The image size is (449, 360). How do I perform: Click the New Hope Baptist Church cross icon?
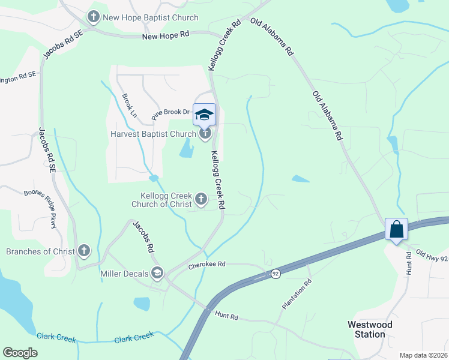coord(94,17)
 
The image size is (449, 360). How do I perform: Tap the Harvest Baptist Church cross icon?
coord(205,133)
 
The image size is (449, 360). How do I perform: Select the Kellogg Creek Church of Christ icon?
coord(201,199)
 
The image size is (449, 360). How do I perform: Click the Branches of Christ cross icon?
coord(83,251)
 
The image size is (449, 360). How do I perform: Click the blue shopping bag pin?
coord(396,229)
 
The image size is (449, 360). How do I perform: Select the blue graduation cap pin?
coord(204,114)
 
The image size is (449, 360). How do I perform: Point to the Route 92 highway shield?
coord(276,274)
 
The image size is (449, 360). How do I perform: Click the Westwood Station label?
coord(370,329)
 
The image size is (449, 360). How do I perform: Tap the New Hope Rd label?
coord(166,37)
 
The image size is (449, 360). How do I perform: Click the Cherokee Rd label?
coord(206,264)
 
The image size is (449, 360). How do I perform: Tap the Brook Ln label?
coord(129,105)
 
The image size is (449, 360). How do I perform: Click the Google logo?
coord(20,353)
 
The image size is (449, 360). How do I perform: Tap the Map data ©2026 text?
coord(423,355)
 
